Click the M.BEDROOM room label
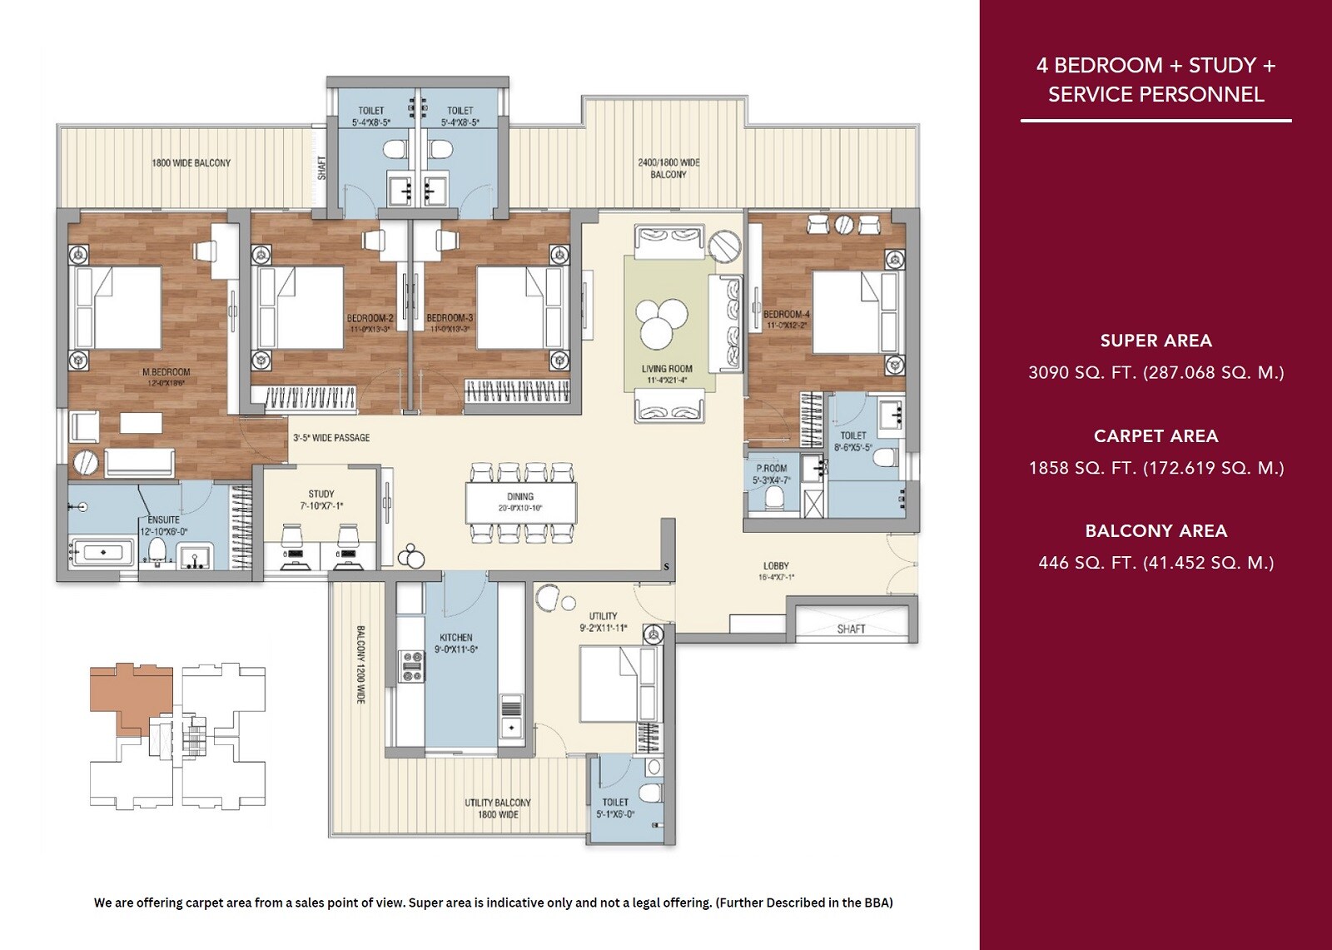pyautogui.click(x=166, y=372)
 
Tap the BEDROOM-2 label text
pyautogui.click(x=370, y=318)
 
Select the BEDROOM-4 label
pyautogui.click(x=787, y=314)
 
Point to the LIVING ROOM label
pyautogui.click(x=667, y=369)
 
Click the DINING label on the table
pyautogui.click(x=520, y=497)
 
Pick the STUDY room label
pyautogui.click(x=321, y=494)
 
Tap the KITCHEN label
pyautogui.click(x=456, y=638)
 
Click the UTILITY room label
pyautogui.click(x=603, y=616)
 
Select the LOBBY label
pyautogui.click(x=776, y=565)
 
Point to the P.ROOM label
pyautogui.click(x=772, y=469)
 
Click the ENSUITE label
pyautogui.click(x=163, y=520)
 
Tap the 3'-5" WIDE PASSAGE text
pyautogui.click(x=331, y=438)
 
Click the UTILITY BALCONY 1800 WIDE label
pyautogui.click(x=498, y=808)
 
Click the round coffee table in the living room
pyautogui.click(x=667, y=323)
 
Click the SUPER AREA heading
pyautogui.click(x=1156, y=341)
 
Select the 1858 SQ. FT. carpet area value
pyautogui.click(x=1156, y=468)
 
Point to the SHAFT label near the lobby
pyautogui.click(x=851, y=629)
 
